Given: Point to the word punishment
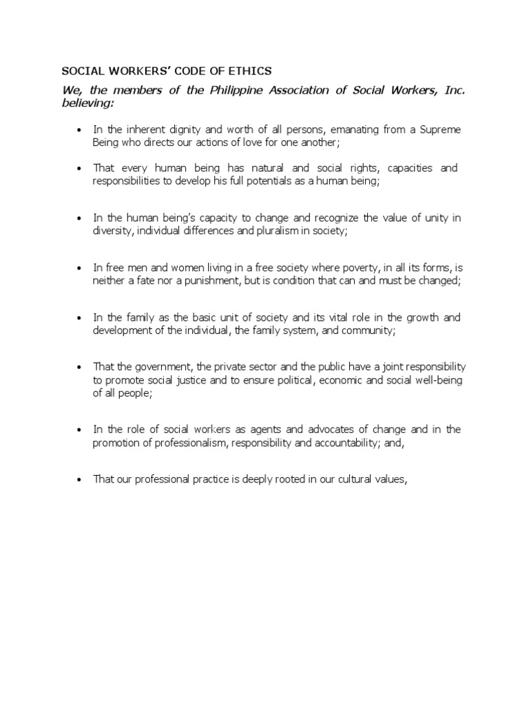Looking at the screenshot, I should pos(187,280).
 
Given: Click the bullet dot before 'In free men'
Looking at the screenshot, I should pos(80,268).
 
